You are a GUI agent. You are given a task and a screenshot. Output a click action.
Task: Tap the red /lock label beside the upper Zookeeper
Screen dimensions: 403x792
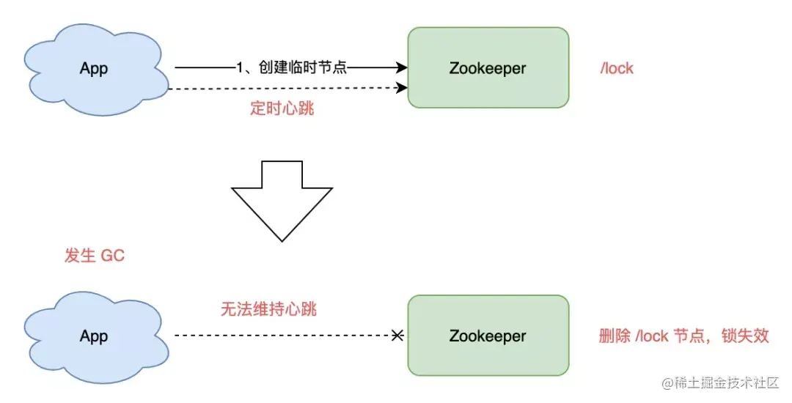click(x=616, y=69)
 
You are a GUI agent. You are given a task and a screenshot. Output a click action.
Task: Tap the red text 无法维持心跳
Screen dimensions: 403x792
click(x=268, y=309)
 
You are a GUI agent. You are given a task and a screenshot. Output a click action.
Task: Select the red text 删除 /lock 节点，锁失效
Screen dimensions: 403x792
click(x=683, y=336)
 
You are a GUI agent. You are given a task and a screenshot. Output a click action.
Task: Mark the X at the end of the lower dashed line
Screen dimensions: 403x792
click(x=397, y=336)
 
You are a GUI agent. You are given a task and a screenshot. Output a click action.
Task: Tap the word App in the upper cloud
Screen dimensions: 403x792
click(x=94, y=69)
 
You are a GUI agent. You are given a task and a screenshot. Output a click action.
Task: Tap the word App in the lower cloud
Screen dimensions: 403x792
click(x=94, y=336)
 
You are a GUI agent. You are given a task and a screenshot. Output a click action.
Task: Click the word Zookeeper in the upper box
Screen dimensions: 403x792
click(x=488, y=69)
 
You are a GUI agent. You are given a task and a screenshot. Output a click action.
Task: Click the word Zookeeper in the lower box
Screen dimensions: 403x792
click(x=488, y=336)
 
